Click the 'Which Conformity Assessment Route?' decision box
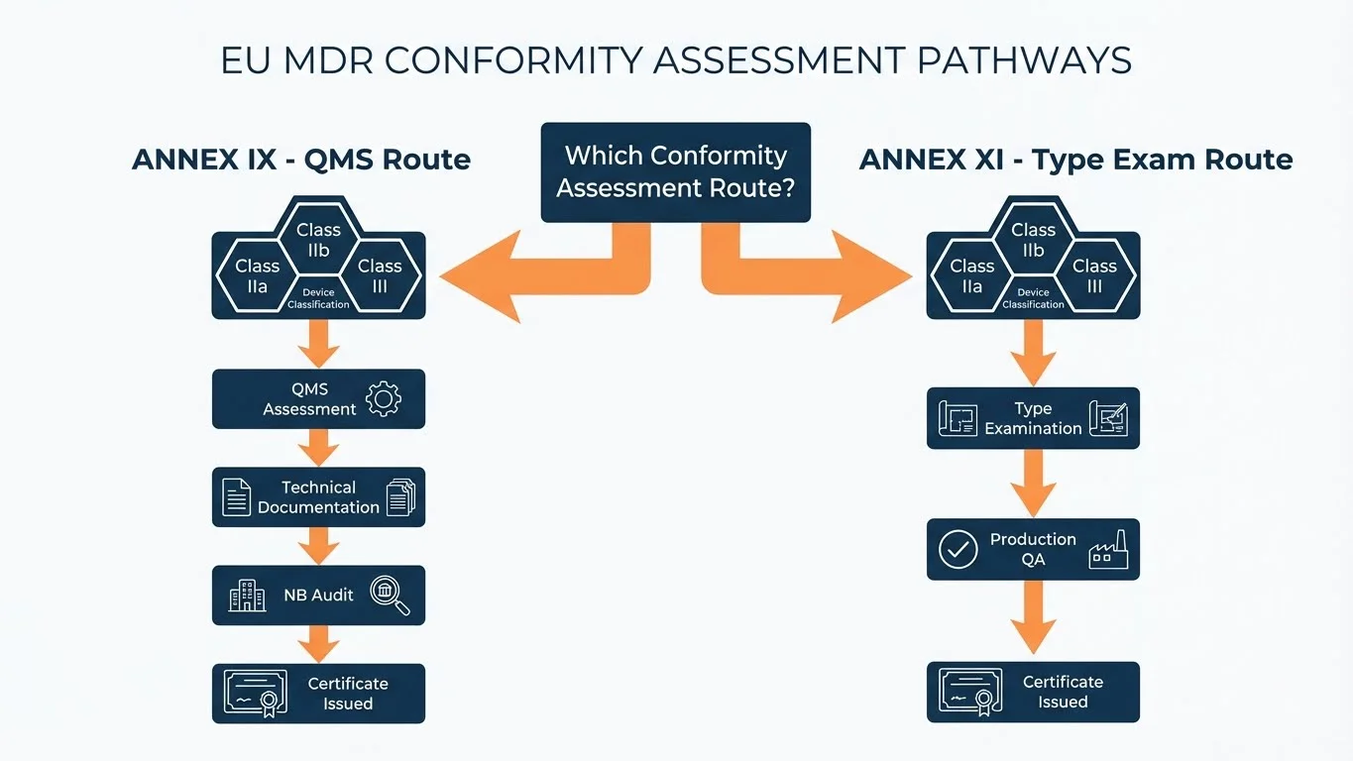pos(675,171)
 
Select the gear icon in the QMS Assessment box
pos(383,398)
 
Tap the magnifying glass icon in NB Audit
pos(388,596)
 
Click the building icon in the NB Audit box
pos(247,596)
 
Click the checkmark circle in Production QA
pos(958,549)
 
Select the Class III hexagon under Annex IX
pos(380,276)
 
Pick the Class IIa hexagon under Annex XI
pos(971,276)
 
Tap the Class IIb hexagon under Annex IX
pos(318,239)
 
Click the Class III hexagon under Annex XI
pos(1094,276)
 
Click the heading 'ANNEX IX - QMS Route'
pos(301,160)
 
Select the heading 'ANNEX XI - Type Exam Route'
pos(1075,160)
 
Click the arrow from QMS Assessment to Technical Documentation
pos(318,448)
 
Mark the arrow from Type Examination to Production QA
pos(1033,484)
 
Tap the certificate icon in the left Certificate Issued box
pos(255,693)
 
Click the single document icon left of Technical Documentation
pos(236,496)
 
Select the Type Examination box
pos(1033,418)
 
